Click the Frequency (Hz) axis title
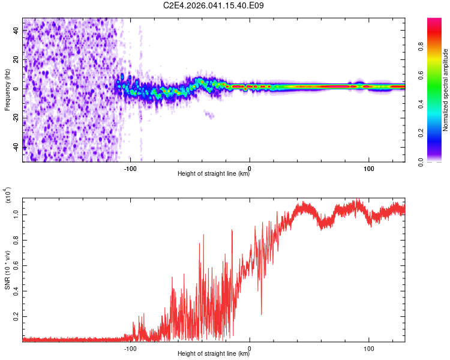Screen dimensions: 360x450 point(7,90)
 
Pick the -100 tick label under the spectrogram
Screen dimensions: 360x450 point(131,169)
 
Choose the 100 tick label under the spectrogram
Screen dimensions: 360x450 point(368,169)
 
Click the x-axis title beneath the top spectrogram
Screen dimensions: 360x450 point(214,175)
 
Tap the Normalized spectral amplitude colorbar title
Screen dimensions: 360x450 point(445,90)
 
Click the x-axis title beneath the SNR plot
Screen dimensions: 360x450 point(214,354)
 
